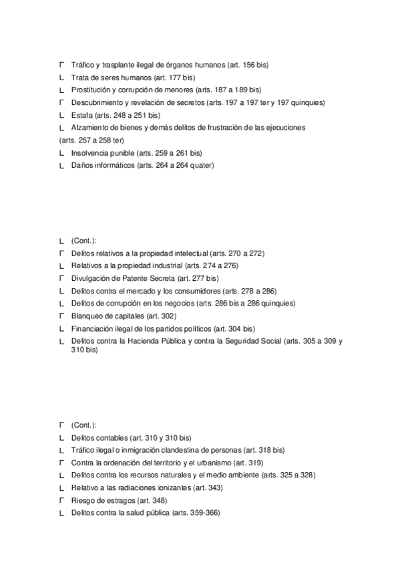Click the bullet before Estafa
point(61,115)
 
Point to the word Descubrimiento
point(97,102)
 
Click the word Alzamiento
point(89,127)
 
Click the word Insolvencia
point(89,152)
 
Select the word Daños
point(81,165)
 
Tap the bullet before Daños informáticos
point(61,165)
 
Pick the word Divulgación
point(90,278)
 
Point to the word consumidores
point(199,291)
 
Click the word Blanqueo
point(87,316)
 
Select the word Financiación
point(92,328)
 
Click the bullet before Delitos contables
point(61,437)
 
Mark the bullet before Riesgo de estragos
point(61,499)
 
